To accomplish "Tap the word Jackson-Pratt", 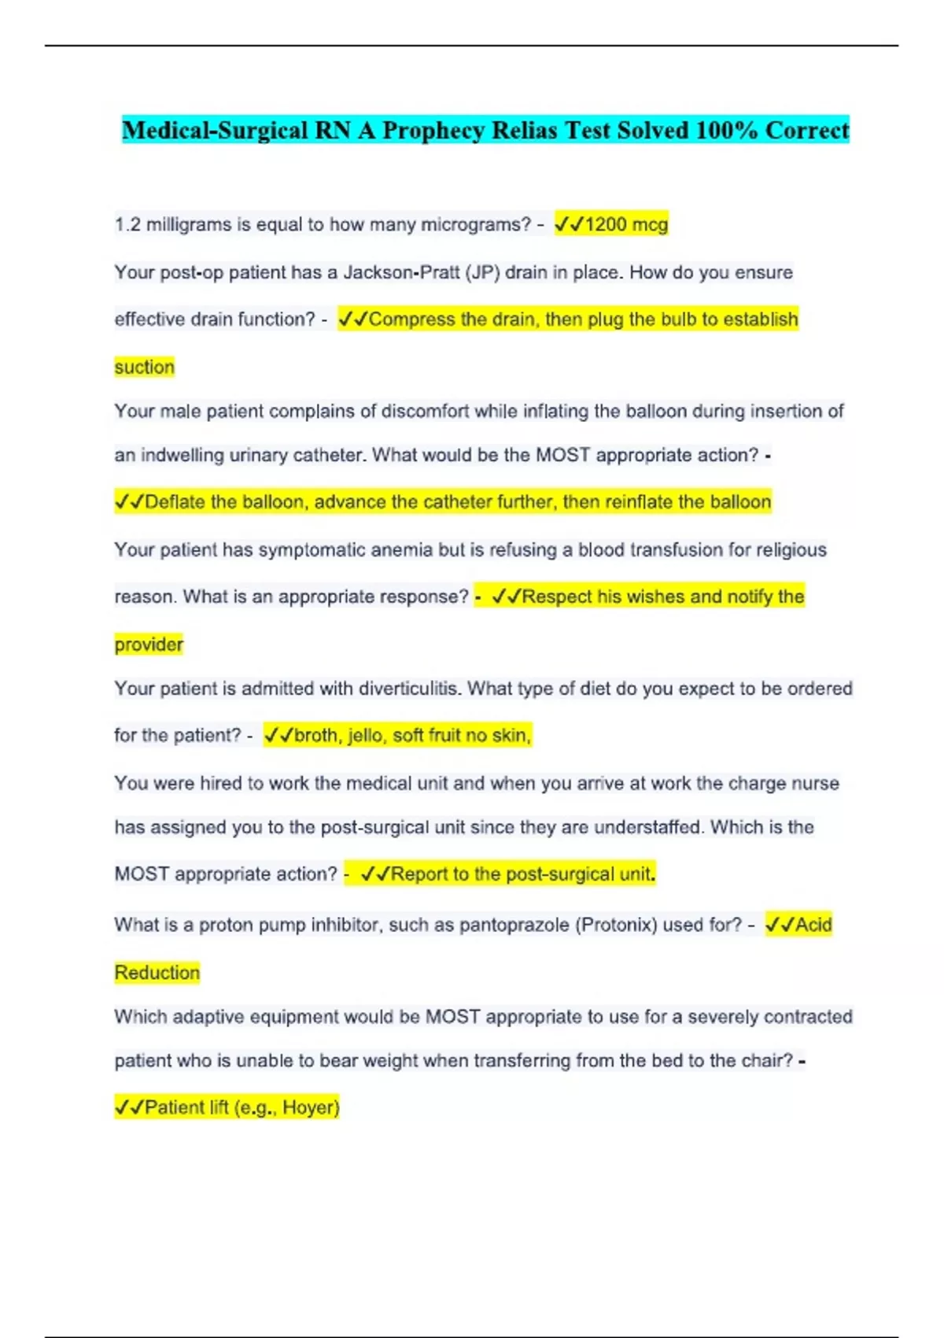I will [401, 272].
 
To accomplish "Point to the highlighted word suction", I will [145, 367].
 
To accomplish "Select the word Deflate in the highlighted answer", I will [175, 502].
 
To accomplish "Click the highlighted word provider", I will [149, 645].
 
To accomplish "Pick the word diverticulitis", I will [409, 689].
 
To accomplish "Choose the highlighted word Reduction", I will [157, 973].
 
